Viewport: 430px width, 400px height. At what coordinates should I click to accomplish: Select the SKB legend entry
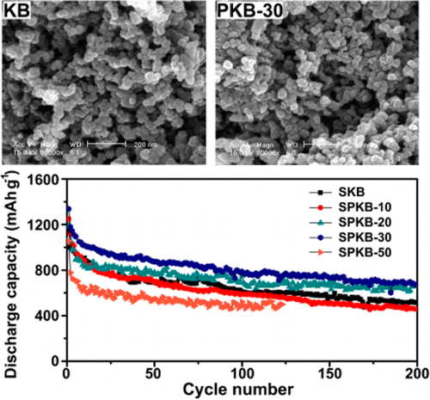341,192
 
